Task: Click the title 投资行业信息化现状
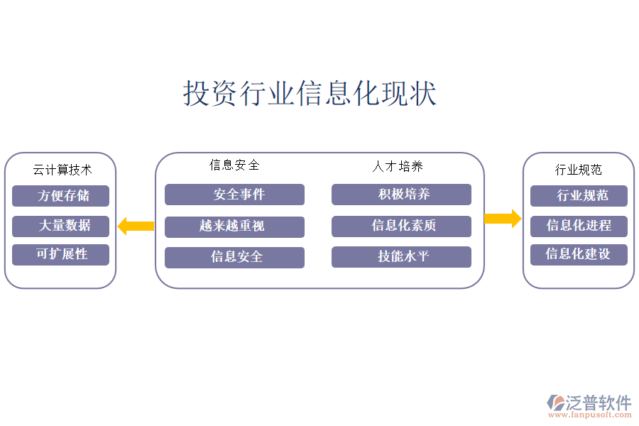(310, 94)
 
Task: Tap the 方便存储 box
(60, 196)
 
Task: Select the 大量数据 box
(60, 226)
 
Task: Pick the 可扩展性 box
(60, 254)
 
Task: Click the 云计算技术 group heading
(62, 170)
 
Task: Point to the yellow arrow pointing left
(136, 226)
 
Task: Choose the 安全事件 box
(234, 195)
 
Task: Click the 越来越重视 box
(234, 226)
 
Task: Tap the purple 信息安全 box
(234, 257)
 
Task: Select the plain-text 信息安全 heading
(234, 165)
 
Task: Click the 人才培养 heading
(398, 166)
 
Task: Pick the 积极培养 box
(401, 195)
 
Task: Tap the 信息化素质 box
(401, 226)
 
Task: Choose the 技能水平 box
(401, 256)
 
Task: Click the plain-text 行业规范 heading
(578, 170)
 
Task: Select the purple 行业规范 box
(579, 196)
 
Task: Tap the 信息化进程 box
(579, 226)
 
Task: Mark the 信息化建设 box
(579, 254)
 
